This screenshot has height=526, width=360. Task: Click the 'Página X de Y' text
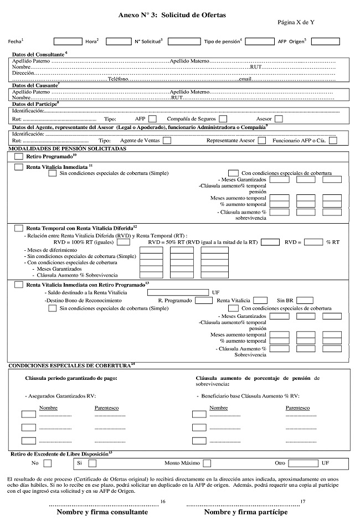point(296,24)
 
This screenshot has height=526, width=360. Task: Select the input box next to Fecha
point(68,41)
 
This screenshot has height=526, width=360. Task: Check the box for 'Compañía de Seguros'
point(223,118)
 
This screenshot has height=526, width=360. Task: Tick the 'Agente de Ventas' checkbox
point(167,141)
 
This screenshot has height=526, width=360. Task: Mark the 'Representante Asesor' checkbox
point(261,141)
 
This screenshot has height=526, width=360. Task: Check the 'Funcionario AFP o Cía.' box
point(333,141)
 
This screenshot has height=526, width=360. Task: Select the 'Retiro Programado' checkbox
point(18,157)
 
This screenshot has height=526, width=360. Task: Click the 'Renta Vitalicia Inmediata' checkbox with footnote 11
point(18,167)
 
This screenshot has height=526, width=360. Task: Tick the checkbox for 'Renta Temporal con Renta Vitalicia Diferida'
point(18,228)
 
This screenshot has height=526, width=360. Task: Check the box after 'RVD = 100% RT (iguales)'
point(124,242)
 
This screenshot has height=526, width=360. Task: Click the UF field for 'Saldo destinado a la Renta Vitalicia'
point(178,292)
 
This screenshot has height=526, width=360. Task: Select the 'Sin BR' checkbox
point(305,300)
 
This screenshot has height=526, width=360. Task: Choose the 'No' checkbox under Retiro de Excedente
point(47,463)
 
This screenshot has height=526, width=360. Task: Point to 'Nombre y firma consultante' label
point(102,512)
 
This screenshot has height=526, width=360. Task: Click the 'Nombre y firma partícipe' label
point(246,512)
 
